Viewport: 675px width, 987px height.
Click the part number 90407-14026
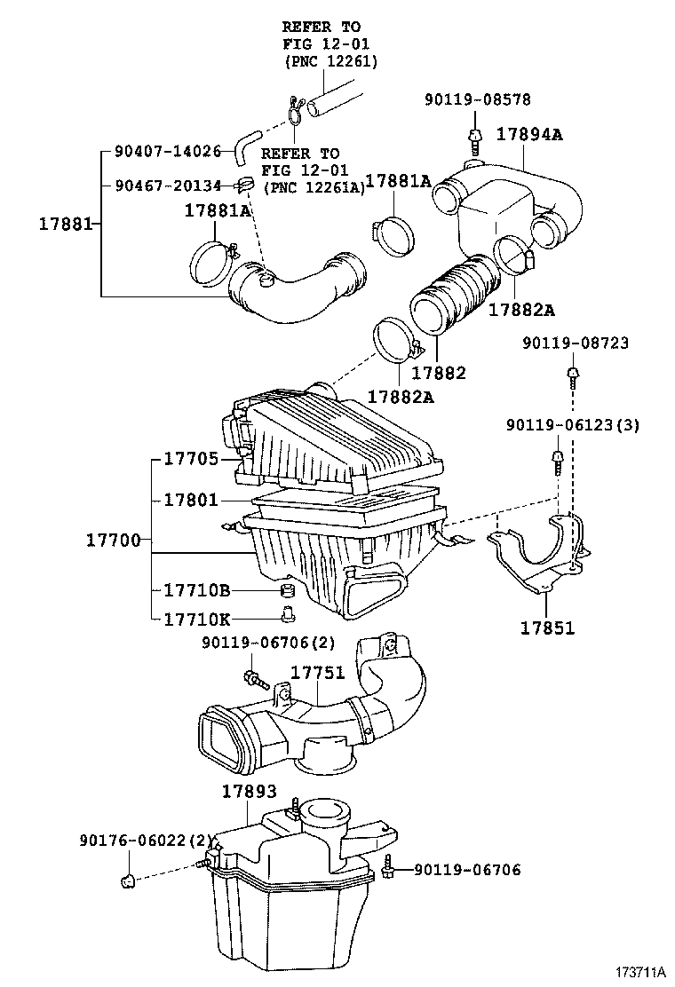(x=168, y=152)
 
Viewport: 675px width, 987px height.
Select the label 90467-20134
(x=168, y=186)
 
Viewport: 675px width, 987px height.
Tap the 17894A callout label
(x=530, y=135)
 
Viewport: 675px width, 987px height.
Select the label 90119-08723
(x=576, y=342)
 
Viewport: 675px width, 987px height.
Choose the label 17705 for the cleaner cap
(x=191, y=459)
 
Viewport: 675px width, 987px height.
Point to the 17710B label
(x=197, y=590)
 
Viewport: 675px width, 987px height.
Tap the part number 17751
(x=318, y=673)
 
